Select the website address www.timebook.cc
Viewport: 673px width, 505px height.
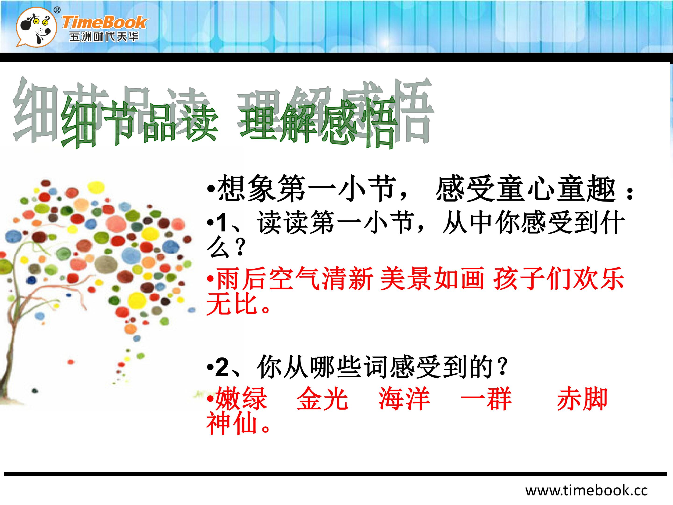[x=586, y=490]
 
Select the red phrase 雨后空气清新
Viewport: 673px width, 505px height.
[x=294, y=278]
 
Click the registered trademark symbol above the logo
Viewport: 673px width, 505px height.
[x=57, y=10]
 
